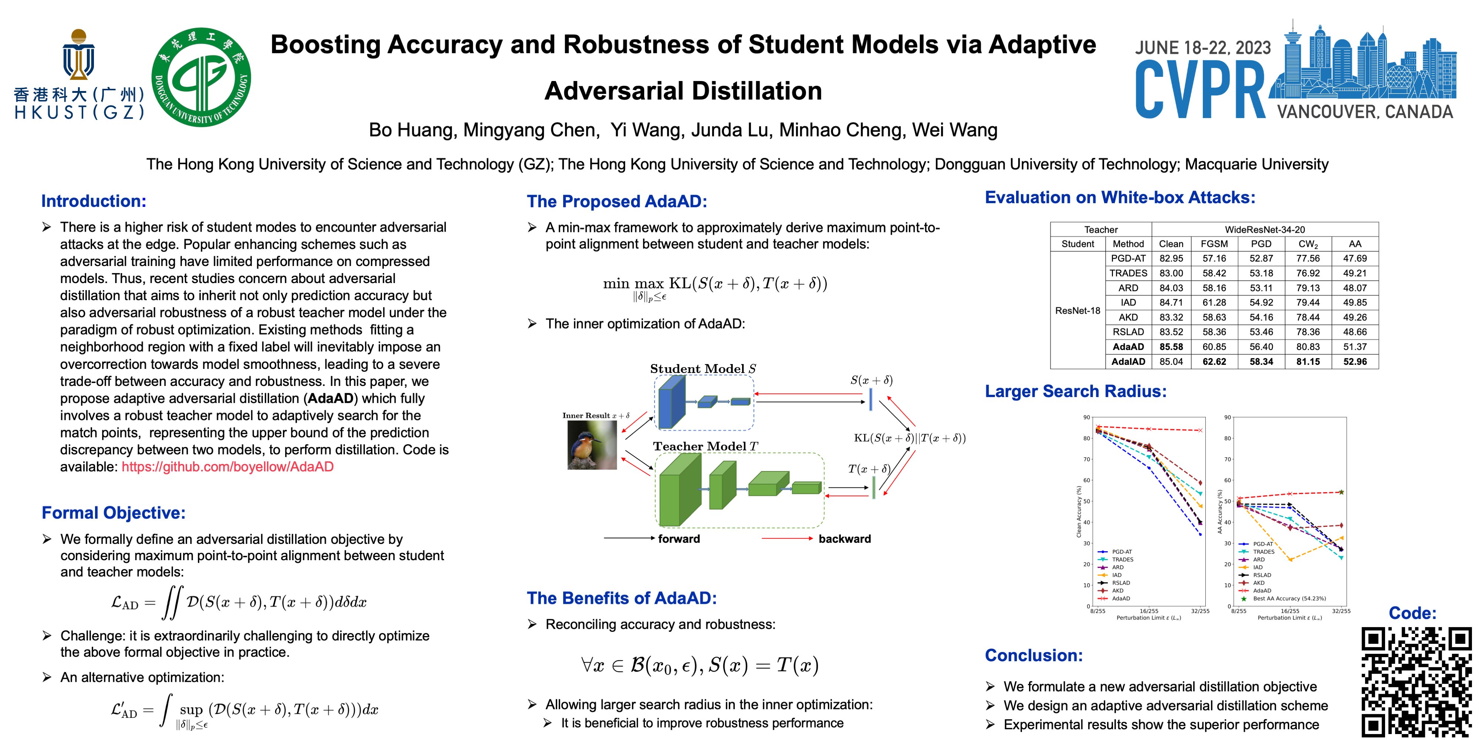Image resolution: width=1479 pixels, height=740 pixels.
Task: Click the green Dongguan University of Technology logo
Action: (201, 77)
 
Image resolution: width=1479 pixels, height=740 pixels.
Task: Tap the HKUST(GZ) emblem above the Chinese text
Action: (79, 55)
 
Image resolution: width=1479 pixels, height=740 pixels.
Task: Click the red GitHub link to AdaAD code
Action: (227, 467)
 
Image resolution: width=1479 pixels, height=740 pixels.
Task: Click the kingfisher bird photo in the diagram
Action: (592, 445)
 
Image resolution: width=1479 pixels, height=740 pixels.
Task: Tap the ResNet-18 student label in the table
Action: (1077, 311)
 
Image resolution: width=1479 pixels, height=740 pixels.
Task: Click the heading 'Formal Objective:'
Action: (114, 512)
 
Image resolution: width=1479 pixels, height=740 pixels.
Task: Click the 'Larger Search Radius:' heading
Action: (1075, 391)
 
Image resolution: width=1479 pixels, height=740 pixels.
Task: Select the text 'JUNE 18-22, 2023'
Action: (1202, 48)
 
